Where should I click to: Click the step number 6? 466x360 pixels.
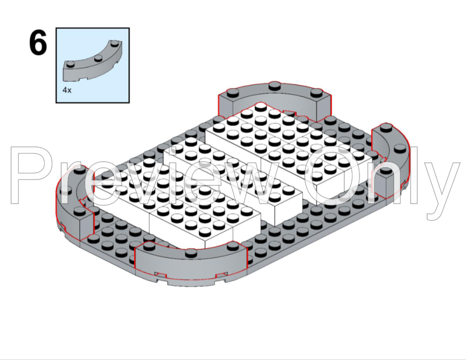pyautogui.click(x=38, y=43)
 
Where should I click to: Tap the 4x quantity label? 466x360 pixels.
pyautogui.click(x=67, y=90)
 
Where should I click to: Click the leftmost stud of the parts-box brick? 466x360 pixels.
pyautogui.click(x=71, y=64)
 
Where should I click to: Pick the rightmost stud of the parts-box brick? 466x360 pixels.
pyautogui.click(x=114, y=43)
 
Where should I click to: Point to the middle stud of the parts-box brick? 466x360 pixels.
pyautogui.click(x=98, y=58)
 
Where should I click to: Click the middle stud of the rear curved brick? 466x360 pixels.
pyautogui.click(x=275, y=86)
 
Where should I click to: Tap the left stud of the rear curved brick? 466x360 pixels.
pyautogui.click(x=232, y=92)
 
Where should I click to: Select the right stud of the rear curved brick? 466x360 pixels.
pyautogui.click(x=316, y=93)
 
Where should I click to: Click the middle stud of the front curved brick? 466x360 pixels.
pyautogui.click(x=191, y=253)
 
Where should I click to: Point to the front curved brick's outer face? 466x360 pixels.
pyautogui.click(x=190, y=269)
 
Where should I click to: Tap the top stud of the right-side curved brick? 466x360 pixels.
pyautogui.click(x=386, y=127)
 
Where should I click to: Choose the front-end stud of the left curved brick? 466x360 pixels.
pyautogui.click(x=79, y=211)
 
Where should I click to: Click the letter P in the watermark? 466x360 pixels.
pyautogui.click(x=35, y=175)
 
